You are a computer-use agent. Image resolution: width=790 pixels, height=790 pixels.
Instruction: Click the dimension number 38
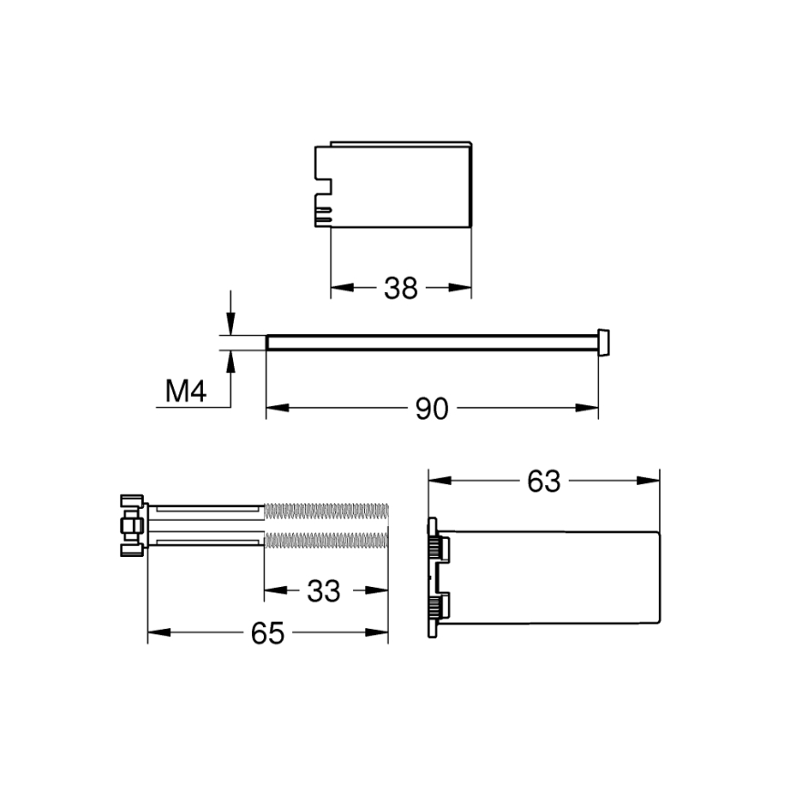pyautogui.click(x=400, y=289)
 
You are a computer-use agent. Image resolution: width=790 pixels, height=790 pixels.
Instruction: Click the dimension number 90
pyautogui.click(x=432, y=410)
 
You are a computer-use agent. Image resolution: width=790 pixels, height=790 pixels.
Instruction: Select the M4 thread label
pyautogui.click(x=187, y=392)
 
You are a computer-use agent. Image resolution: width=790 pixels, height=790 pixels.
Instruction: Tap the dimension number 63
pyautogui.click(x=543, y=481)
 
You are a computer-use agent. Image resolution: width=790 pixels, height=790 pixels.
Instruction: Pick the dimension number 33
pyautogui.click(x=323, y=592)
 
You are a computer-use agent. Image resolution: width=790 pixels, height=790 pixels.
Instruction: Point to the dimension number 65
pyautogui.click(x=268, y=633)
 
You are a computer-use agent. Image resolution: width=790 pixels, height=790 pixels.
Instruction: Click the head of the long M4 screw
pyautogui.click(x=603, y=341)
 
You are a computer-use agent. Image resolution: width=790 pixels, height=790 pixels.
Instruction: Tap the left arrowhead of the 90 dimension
pyautogui.click(x=273, y=410)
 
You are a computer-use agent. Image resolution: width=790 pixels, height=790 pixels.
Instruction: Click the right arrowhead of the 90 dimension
pyautogui.click(x=592, y=410)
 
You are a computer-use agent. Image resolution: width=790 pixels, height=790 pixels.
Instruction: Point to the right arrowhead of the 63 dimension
pyautogui.click(x=652, y=481)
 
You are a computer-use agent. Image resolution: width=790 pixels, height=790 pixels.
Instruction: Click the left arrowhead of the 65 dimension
pyautogui.click(x=156, y=633)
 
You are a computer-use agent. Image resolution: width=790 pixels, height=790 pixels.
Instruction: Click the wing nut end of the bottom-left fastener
pyautogui.click(x=130, y=525)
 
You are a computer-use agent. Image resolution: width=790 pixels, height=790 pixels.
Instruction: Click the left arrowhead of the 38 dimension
pyautogui.click(x=337, y=289)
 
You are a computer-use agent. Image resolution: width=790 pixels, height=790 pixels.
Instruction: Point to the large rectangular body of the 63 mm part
pyautogui.click(x=555, y=577)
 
